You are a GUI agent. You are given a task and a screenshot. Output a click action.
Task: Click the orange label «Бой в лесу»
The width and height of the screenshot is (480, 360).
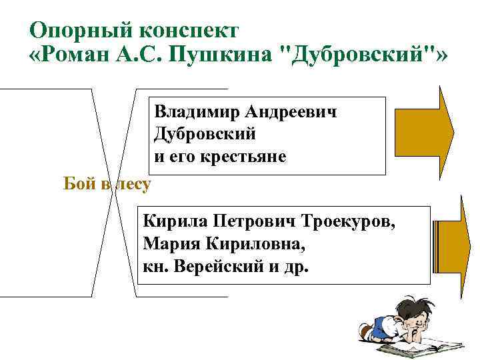pyautogui.click(x=107, y=184)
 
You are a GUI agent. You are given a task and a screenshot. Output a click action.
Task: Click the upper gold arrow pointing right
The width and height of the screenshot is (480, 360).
pyautogui.click(x=424, y=133)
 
